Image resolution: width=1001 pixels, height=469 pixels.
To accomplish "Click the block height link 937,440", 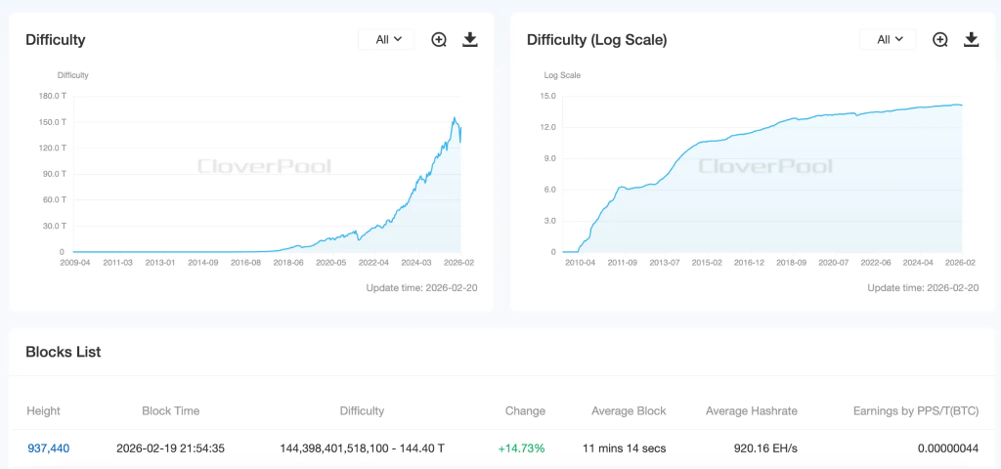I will [48, 448].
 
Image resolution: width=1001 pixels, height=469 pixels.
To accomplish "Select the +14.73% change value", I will [521, 448].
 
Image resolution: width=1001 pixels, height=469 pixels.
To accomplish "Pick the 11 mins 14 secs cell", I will [624, 448].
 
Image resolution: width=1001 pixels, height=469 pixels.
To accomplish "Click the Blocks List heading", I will [63, 352].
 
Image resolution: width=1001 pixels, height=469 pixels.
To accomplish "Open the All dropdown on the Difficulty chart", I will [388, 39].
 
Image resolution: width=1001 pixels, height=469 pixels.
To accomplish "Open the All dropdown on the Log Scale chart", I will [889, 39].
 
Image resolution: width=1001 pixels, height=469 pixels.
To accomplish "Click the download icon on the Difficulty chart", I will [470, 39].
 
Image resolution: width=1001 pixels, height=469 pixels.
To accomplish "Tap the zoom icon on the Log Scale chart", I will [940, 39].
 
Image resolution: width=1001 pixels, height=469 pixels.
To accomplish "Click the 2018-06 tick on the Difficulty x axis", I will [288, 263].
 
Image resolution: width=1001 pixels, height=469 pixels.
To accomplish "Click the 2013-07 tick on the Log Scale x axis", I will [664, 263].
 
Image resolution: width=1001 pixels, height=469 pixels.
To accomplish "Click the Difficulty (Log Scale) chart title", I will [596, 40].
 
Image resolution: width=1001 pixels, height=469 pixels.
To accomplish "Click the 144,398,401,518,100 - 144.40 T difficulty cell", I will [362, 448].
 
